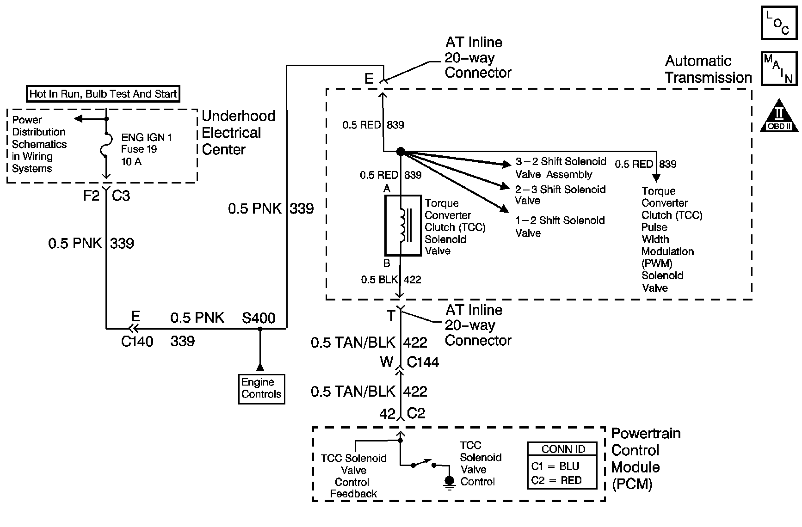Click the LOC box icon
779,23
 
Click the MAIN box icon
779,68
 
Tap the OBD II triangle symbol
779,116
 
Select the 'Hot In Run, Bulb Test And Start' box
103,94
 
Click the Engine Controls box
261,388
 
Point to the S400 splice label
259,318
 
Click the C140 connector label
137,342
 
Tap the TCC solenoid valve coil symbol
403,225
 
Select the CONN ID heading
563,449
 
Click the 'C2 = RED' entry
556,480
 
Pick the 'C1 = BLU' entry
555,466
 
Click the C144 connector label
423,362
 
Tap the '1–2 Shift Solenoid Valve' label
560,227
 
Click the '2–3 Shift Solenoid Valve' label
560,195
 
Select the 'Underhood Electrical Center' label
238,133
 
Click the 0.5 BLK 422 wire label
391,280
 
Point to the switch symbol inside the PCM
423,464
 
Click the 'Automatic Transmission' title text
708,69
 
